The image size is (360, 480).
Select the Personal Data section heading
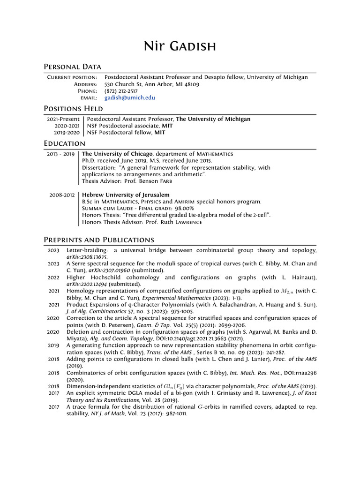tap(72, 67)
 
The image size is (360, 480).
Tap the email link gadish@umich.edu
tap(129, 98)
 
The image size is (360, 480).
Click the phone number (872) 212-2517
tap(121, 91)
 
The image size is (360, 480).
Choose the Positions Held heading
tap(73, 109)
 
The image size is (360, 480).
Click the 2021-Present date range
tap(63, 119)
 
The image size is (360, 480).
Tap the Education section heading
tap(64, 143)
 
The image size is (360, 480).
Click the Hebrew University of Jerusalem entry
tap(126, 195)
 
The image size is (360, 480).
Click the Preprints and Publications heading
tap(98, 240)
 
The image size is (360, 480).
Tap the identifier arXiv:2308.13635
tap(87, 257)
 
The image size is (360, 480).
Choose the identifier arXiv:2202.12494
tap(87, 284)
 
